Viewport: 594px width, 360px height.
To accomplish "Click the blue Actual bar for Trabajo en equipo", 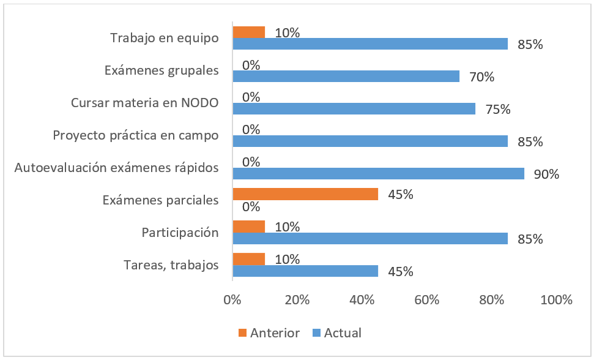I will click(370, 44).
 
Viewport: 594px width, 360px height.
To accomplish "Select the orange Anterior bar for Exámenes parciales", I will click(305, 194).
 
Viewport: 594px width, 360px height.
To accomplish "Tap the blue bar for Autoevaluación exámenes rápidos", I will click(378, 173).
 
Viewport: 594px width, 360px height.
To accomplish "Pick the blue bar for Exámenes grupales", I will click(346, 76).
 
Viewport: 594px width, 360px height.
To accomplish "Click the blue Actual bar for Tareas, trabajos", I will click(305, 271).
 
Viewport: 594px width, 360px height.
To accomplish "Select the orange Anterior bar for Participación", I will click(248, 227).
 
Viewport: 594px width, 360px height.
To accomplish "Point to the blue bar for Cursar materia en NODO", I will click(354, 109).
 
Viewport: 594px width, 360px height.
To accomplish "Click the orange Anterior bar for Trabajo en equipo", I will click(248, 32).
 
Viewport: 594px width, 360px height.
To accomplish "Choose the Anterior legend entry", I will click(269, 333).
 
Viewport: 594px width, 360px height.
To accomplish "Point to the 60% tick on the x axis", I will click(426, 301).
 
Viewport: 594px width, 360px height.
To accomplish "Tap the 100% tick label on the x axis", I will click(556, 301).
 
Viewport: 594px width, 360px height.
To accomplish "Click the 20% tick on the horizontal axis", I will click(297, 301).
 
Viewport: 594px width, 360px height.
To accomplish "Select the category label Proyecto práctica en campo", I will click(136, 135).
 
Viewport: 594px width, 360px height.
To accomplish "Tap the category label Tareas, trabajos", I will click(171, 265).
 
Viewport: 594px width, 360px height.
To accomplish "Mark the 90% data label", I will click(546, 174).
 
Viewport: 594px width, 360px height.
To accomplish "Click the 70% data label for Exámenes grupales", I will click(481, 77).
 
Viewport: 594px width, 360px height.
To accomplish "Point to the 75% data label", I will click(497, 110).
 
